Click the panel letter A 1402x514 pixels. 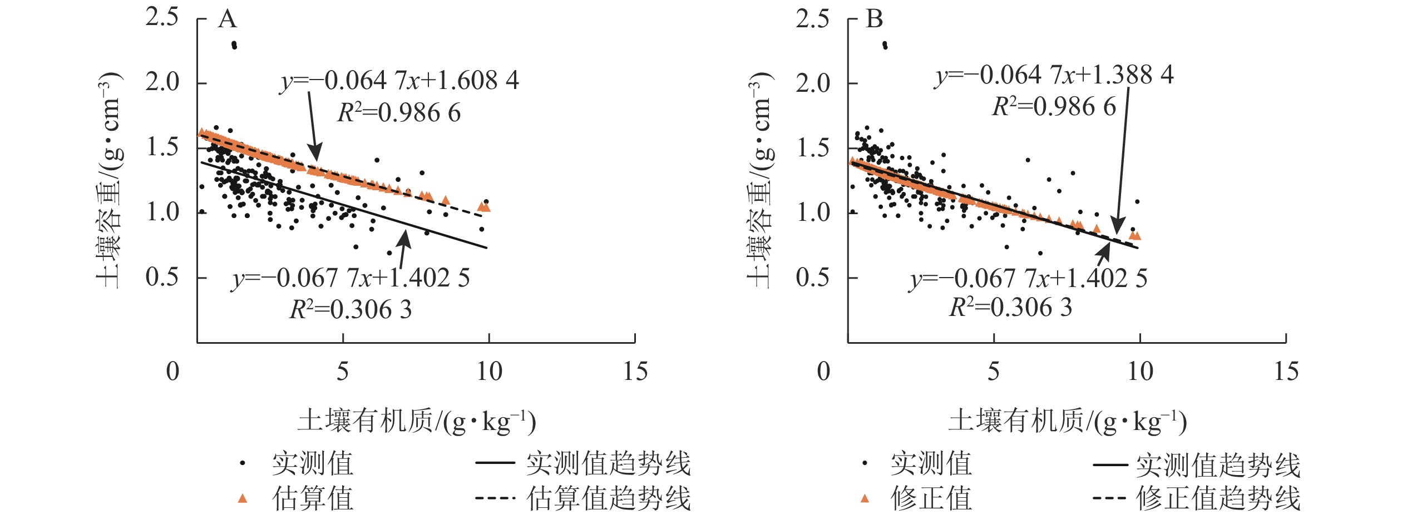point(228,19)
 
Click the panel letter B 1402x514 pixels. point(875,19)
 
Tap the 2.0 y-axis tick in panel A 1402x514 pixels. point(162,82)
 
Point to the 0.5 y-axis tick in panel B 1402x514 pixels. point(812,277)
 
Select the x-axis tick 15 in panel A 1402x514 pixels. point(635,372)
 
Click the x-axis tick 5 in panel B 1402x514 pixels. point(994,372)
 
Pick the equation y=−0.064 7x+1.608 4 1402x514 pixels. point(399,81)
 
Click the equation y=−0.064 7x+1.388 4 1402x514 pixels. point(1054,76)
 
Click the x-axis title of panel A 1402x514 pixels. point(417,422)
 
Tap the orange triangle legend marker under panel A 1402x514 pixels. point(242,498)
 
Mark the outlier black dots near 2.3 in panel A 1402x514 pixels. point(234,45)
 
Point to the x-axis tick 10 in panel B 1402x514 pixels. point(1140,372)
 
